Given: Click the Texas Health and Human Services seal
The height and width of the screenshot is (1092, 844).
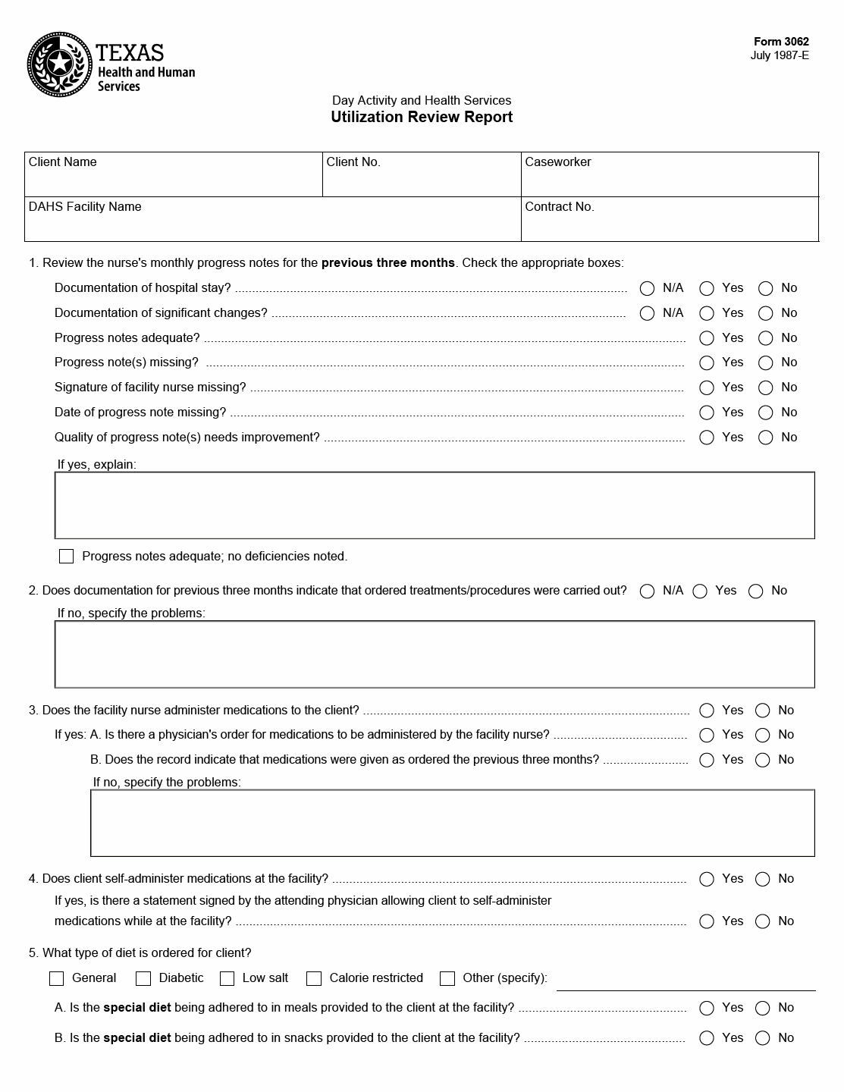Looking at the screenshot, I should tap(58, 64).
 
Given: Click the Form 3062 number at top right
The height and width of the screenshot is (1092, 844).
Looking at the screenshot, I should tap(781, 42).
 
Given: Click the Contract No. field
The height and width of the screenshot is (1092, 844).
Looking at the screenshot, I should tap(670, 224).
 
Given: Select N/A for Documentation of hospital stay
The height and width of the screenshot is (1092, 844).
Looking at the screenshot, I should tap(647, 288).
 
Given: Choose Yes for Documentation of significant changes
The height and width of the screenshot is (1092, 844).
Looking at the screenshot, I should tap(707, 313).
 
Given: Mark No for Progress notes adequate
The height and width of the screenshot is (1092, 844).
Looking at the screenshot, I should tap(766, 338).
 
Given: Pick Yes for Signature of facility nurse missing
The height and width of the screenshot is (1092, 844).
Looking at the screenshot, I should tap(707, 388).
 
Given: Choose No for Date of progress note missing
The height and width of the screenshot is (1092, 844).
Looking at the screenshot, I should tap(766, 413).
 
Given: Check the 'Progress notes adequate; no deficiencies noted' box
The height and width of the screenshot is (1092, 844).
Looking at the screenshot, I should tap(67, 557).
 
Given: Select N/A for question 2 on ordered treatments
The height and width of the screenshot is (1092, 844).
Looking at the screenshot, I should tap(647, 591).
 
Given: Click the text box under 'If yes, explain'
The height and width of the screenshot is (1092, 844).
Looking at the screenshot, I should tap(435, 506).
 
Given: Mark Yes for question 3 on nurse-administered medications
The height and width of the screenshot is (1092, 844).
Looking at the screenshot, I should tap(707, 711).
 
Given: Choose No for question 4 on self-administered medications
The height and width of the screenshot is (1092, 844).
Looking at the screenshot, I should tap(763, 879).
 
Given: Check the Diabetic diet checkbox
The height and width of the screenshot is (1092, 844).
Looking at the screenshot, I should tap(143, 978).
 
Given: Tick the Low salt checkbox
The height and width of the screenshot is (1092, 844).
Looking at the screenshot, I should tap(227, 978).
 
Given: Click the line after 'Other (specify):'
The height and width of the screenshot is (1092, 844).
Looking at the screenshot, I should tap(686, 981).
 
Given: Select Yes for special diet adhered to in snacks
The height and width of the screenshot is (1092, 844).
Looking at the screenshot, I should tap(707, 1038).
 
